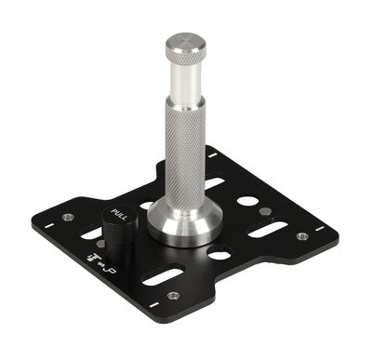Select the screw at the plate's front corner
[173, 296]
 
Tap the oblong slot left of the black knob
[91, 233]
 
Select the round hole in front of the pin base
[219, 252]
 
